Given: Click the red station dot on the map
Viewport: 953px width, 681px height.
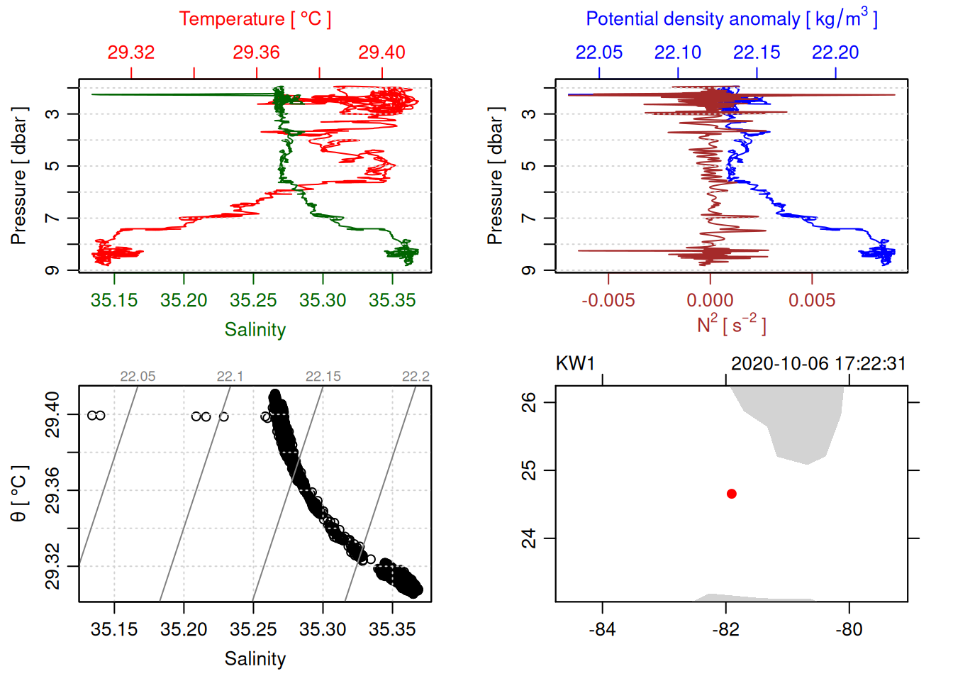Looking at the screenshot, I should [x=731, y=494].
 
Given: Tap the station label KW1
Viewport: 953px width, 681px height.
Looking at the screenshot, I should [x=575, y=364].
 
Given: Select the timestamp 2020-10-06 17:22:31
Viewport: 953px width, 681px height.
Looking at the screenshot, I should [x=818, y=364].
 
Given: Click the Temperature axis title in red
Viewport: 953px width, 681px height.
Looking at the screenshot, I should [x=255, y=19].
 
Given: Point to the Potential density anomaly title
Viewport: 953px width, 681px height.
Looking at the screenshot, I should [x=731, y=18].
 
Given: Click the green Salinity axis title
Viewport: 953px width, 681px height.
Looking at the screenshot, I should [x=255, y=330].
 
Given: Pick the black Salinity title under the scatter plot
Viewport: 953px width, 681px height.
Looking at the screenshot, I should [x=255, y=659].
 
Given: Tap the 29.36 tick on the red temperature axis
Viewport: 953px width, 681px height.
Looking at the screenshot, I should [x=257, y=52].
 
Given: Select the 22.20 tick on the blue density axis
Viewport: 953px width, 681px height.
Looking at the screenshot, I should [x=835, y=52].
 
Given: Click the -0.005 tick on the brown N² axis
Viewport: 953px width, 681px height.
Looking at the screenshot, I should [x=608, y=301].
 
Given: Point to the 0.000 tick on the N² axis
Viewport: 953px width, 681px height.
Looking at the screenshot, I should [x=710, y=301].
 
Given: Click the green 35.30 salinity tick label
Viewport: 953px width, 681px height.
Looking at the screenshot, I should [x=323, y=301].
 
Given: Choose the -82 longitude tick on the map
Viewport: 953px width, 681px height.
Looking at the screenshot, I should [x=725, y=629].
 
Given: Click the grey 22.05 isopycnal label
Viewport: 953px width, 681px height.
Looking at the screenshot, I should [x=138, y=377].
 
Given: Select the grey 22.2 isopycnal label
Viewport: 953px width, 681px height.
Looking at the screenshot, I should [x=416, y=377].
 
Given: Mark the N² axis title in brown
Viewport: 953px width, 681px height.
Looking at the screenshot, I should [x=731, y=324].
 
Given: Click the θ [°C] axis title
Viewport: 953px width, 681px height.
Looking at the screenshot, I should [x=18, y=494].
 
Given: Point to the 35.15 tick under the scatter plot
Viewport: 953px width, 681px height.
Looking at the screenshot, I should [x=114, y=629].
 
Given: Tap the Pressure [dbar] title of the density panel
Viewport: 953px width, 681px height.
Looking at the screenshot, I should [x=495, y=176].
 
